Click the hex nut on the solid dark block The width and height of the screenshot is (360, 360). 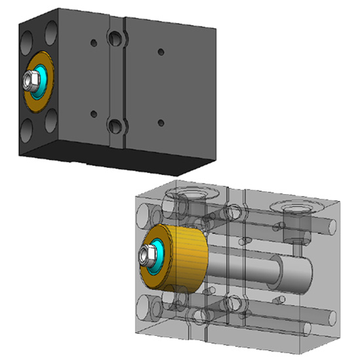(x=30, y=80)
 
